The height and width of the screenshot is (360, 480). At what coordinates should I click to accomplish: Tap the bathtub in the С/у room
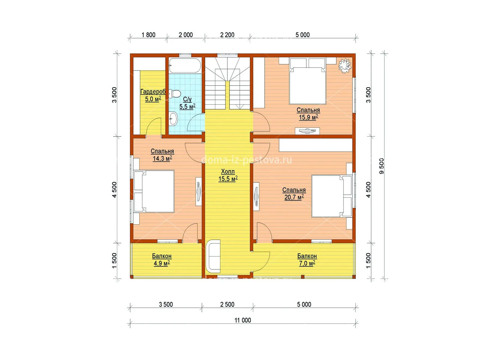point(185,65)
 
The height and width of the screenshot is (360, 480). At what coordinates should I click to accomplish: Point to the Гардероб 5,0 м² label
point(153,95)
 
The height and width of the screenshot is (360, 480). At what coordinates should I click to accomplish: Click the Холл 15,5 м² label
point(228,175)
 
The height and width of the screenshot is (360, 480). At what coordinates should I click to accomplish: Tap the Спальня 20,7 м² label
point(294,194)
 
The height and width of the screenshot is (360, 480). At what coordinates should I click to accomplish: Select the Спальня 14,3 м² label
point(162,155)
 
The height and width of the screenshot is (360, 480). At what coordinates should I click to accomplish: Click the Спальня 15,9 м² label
point(308,114)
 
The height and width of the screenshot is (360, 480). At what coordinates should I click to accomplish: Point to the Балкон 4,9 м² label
point(162,260)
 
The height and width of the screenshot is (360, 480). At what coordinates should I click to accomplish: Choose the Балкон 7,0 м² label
point(307,260)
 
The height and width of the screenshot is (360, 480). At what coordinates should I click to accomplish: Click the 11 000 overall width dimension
point(243,320)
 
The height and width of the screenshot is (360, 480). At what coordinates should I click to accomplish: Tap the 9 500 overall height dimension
point(381,166)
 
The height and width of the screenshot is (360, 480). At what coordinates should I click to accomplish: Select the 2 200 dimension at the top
point(227,35)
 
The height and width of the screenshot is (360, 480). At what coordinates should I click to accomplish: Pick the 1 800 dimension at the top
point(148,35)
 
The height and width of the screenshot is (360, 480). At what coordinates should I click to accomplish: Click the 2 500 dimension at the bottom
point(227,304)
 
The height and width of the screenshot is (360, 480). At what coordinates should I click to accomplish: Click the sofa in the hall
point(213,256)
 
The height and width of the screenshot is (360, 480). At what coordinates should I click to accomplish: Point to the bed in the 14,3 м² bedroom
point(154,191)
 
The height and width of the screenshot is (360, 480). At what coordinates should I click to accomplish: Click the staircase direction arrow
point(240,106)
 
